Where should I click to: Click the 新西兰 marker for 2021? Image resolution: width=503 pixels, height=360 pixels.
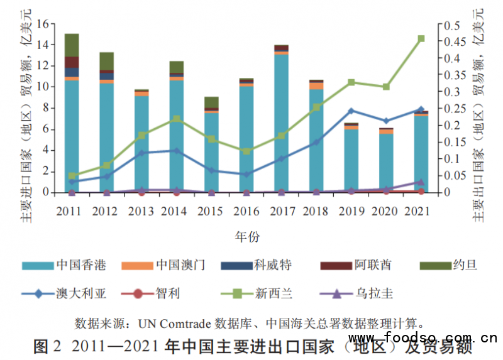point(421,38)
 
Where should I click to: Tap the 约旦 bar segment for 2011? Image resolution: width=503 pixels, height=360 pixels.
point(72,45)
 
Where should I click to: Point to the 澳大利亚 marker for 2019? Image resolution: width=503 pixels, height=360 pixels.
point(351,111)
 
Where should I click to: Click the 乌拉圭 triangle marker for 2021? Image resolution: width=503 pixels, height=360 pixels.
point(421,182)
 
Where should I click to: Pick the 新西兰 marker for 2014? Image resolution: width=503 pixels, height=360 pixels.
point(177,119)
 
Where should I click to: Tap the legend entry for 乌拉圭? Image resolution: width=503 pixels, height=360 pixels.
point(365,292)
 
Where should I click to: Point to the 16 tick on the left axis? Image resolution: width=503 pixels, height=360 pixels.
point(43,25)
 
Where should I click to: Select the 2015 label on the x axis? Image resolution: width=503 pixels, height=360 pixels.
point(211,211)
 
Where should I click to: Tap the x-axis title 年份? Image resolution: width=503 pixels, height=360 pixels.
point(246,237)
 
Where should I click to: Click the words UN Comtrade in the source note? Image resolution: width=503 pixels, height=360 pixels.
point(171,324)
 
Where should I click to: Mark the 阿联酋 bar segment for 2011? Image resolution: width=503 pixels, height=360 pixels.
point(72,62)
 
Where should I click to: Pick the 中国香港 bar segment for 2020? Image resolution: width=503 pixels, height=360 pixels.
point(387,163)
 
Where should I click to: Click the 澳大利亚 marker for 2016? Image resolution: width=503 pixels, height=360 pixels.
point(246,174)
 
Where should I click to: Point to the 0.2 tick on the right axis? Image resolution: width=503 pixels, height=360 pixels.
point(451,126)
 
